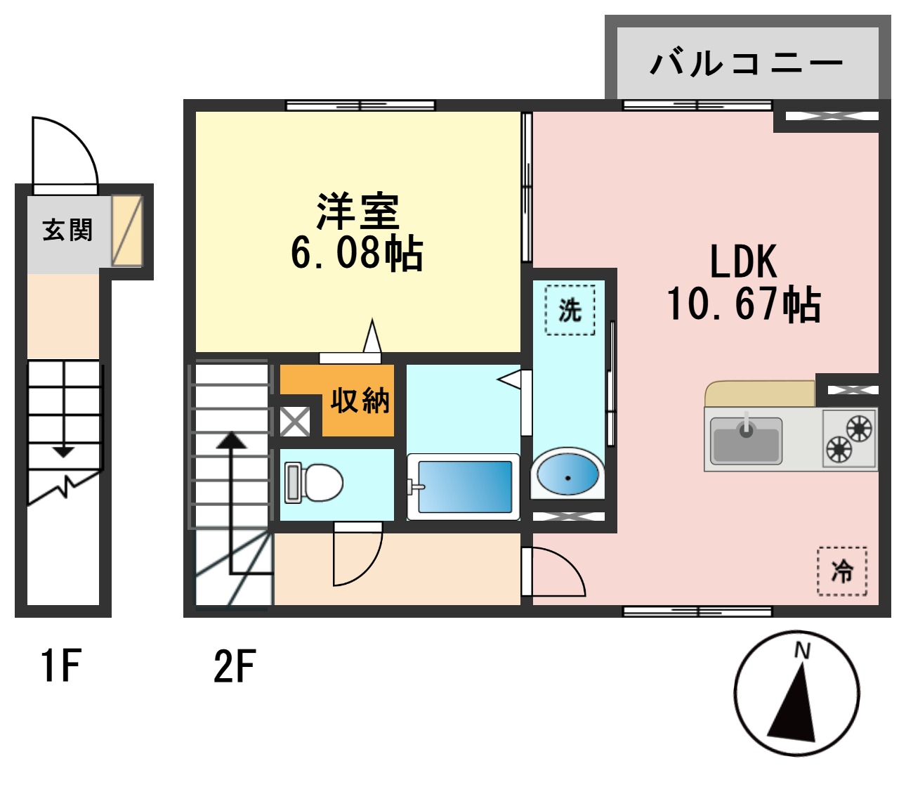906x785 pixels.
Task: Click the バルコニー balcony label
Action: pos(746,63)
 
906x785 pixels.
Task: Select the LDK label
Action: pos(743,261)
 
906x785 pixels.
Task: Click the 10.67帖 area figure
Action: pos(743,304)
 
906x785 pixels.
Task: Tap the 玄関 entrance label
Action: pos(67,230)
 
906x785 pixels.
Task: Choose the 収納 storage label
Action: pos(360,400)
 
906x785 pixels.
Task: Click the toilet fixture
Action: pos(313,483)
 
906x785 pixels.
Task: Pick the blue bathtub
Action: pos(464,486)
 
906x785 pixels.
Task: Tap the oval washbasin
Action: pos(567,474)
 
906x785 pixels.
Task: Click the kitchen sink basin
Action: pos(746,441)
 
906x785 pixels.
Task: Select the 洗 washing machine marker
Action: pos(570,309)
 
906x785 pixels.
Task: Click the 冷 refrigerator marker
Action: pos(842,571)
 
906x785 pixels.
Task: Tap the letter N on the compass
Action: pos(801,651)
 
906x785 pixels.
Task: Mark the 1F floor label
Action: pos(61,666)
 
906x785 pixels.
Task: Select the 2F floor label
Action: pos(234,667)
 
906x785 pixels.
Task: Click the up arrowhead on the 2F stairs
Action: pos(231,441)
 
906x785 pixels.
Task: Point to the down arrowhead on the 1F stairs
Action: pos(64,451)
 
